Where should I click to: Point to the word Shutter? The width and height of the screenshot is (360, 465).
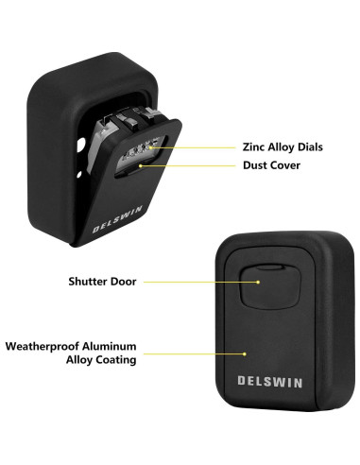pyautogui.click(x=90, y=281)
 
